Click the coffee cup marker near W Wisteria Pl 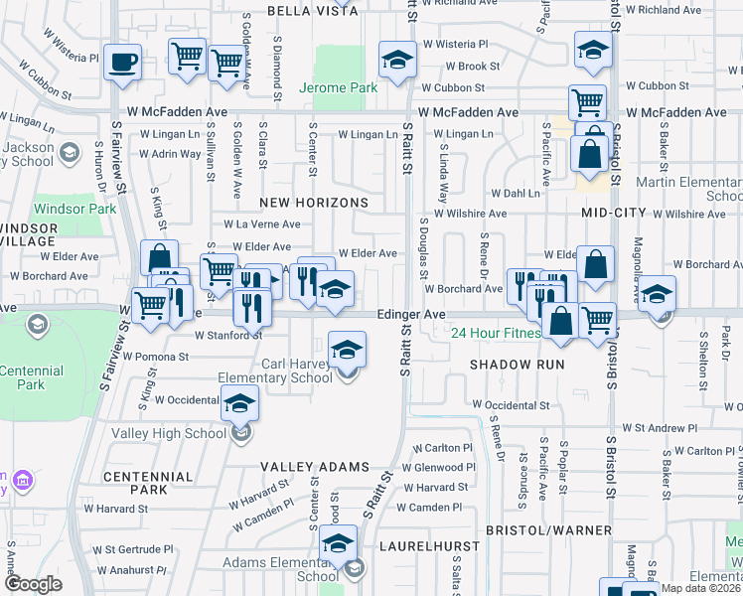123,62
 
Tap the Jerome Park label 338,87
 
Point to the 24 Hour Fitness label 497,333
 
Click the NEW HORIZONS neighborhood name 314,203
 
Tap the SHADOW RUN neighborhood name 517,365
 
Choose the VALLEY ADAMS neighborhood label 314,467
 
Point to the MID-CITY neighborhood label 614,214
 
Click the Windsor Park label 68,210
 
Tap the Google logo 33,584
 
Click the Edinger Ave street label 410,314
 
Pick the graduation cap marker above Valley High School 239,402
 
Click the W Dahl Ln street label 514,193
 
